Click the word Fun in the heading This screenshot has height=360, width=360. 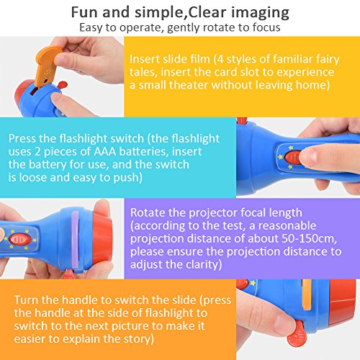[x=84, y=12]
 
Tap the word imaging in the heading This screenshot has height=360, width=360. [x=260, y=14]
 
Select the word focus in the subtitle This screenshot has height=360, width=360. [x=266, y=27]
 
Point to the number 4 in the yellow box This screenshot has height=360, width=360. [x=220, y=59]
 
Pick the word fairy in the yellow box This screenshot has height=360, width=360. [x=328, y=60]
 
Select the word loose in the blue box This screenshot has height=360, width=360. [x=32, y=178]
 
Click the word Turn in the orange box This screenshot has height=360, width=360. [x=26, y=300]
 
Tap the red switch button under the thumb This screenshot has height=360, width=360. [x=293, y=158]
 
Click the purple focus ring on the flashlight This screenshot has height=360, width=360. [x=76, y=240]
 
